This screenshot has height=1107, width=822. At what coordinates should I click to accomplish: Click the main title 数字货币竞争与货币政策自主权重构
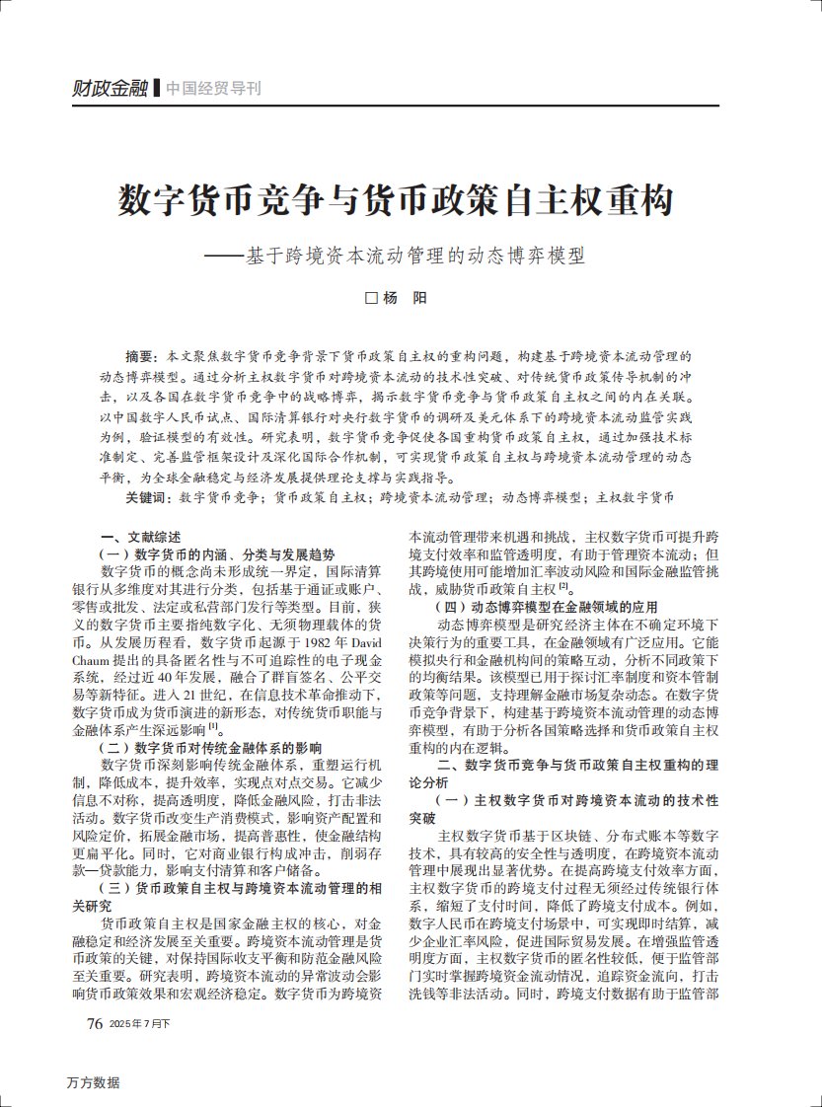pos(397,200)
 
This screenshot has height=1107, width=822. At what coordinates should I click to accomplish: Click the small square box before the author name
pos(372,298)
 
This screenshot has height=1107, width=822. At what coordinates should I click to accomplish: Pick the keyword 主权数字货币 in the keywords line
pos(637,497)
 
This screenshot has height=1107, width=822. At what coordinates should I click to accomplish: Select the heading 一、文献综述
pos(139,538)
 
